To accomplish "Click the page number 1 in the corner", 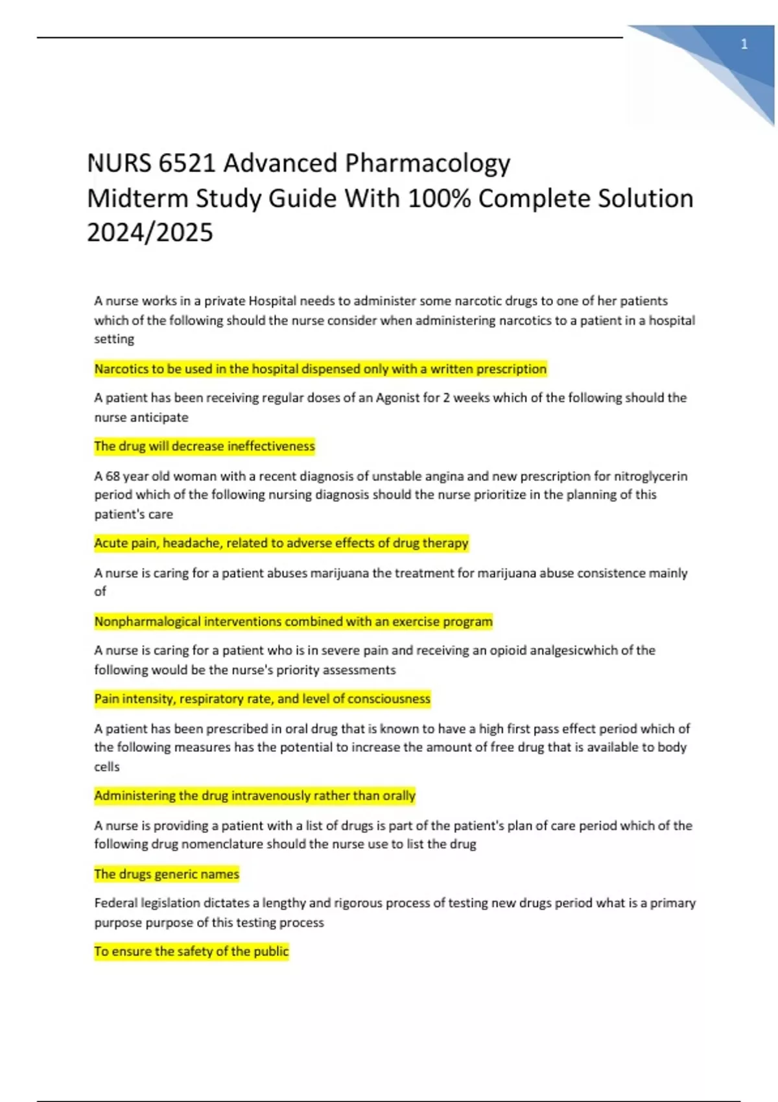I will coord(744,44).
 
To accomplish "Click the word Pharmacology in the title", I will coord(427,163).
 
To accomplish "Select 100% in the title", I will coord(440,198).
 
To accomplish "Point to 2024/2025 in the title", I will coord(150,233).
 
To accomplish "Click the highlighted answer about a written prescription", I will coord(320,369).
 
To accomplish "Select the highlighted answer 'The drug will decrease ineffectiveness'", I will coord(204,446).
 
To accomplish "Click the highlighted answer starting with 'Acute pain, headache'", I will coord(281,543).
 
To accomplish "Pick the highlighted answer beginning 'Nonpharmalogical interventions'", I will coord(293,621).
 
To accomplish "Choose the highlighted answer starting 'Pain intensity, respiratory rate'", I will coord(262,699).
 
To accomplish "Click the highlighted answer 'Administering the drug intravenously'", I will coord(254,795).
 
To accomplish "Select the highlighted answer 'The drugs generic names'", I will coord(167,874).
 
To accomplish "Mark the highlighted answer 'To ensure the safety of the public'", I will coord(191,951).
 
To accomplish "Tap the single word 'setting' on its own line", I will coord(114,339).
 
